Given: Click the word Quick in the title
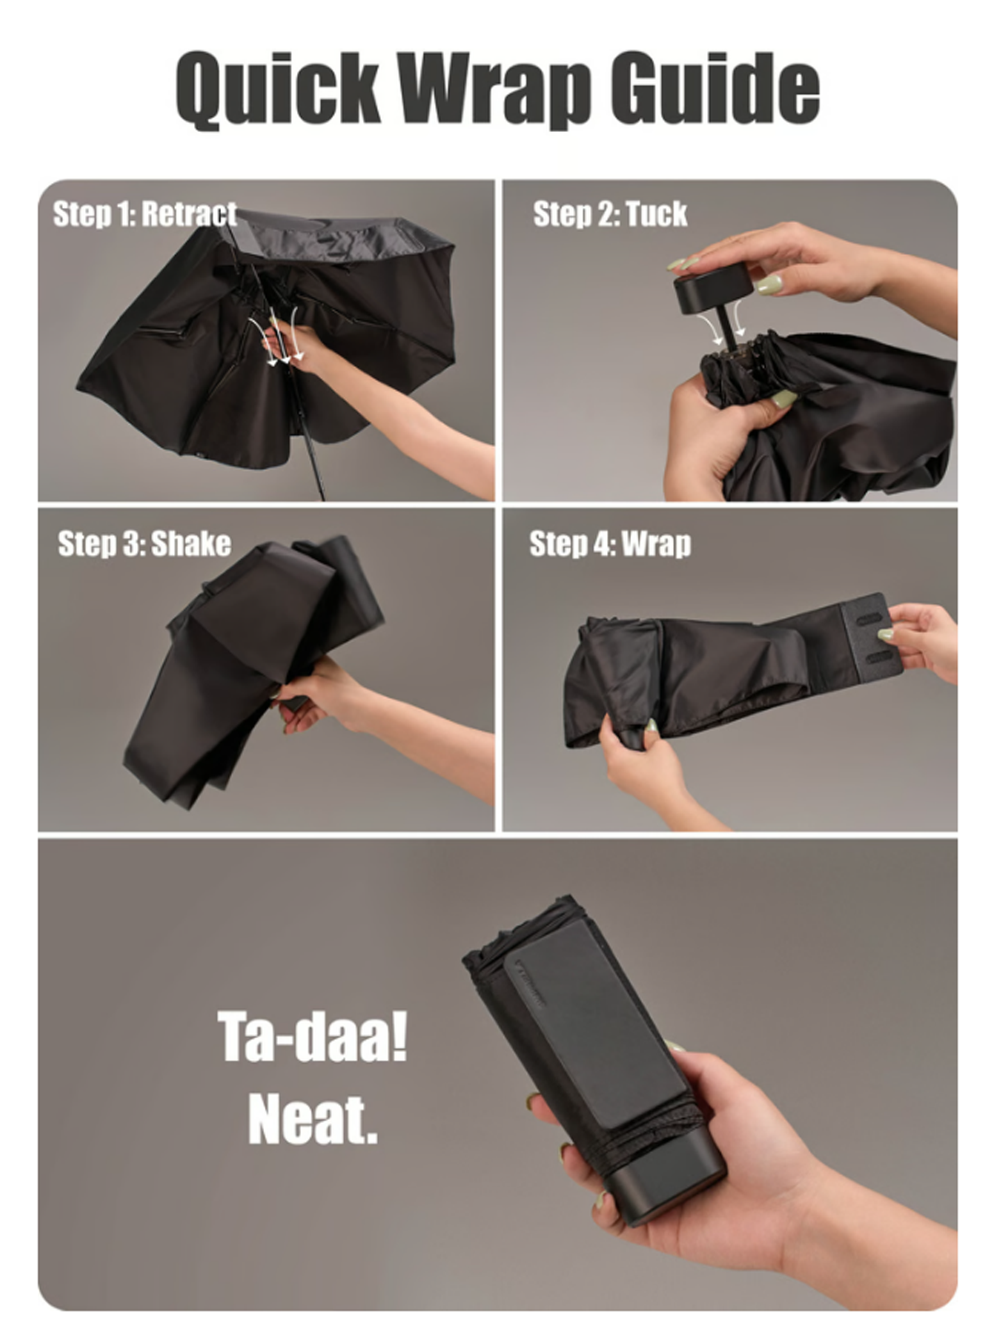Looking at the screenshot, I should [278, 89].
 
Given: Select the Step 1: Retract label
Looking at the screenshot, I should [145, 213].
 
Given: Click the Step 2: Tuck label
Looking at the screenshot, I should [610, 213].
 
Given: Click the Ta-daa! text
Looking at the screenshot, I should [312, 1036].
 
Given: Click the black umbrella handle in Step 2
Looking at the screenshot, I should [712, 284].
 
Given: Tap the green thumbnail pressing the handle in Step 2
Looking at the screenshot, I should [769, 284].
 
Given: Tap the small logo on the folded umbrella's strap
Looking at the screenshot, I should [531, 984].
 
